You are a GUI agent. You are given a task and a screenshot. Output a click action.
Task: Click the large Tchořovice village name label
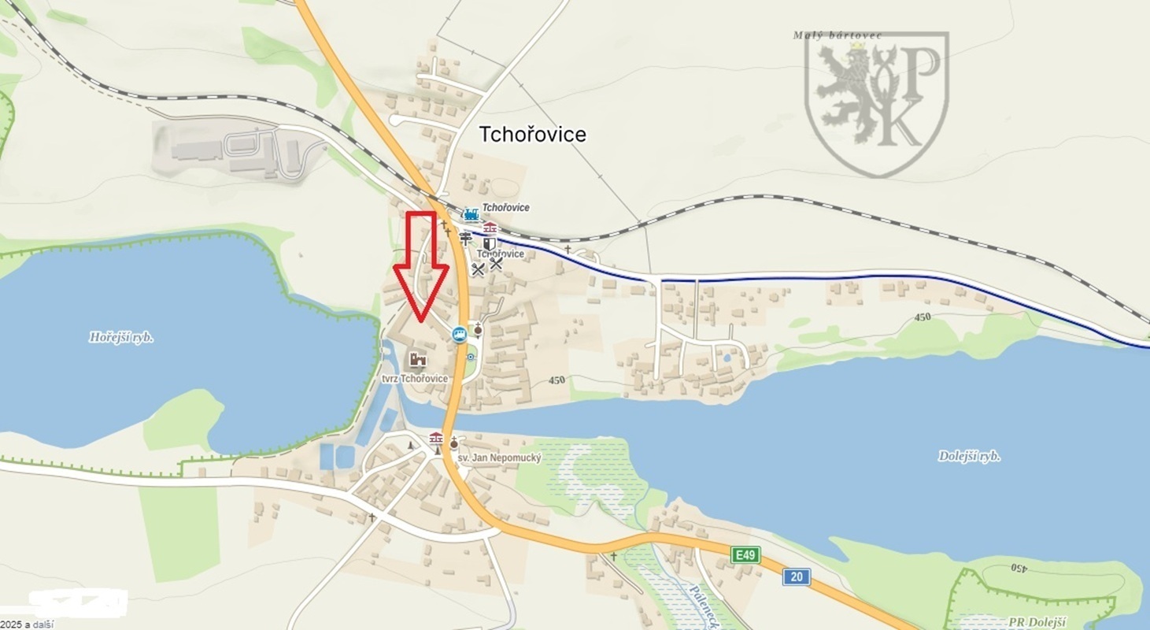coord(533,135)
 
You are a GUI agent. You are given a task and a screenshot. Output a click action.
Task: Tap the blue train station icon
coord(471,214)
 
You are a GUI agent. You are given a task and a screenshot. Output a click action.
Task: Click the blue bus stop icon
coord(459,335)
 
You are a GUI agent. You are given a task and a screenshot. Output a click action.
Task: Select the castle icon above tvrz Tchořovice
coord(416,360)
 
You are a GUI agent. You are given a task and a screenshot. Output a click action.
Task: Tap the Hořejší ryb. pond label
coord(121,338)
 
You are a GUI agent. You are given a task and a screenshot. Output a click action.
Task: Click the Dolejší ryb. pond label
coord(969,456)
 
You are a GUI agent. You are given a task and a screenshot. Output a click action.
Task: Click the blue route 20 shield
coord(797,577)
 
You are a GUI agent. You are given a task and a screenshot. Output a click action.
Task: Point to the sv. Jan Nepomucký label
coord(499,458)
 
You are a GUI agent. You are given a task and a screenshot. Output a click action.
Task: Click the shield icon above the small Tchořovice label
coord(490,243)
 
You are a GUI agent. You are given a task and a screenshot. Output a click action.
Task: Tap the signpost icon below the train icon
coord(466,238)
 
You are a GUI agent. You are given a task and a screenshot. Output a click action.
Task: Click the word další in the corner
coord(43,624)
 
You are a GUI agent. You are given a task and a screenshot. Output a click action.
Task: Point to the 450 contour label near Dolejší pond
coord(923,317)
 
